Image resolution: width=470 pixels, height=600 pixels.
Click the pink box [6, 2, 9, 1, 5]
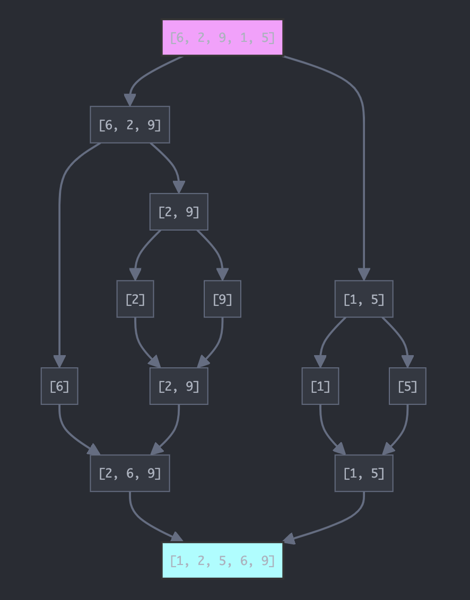click(222, 38)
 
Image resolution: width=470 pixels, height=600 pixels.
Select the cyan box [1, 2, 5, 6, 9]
click(222, 560)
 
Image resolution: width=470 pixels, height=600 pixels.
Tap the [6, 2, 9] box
click(130, 125)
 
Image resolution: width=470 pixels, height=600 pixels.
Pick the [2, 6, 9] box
click(130, 473)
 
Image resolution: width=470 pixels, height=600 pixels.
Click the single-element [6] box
click(59, 386)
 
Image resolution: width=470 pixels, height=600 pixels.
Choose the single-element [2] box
click(135, 299)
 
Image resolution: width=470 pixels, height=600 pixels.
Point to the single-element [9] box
click(222, 299)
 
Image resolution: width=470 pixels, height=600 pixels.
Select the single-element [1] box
click(320, 386)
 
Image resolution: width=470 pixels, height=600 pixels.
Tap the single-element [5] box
click(407, 386)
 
